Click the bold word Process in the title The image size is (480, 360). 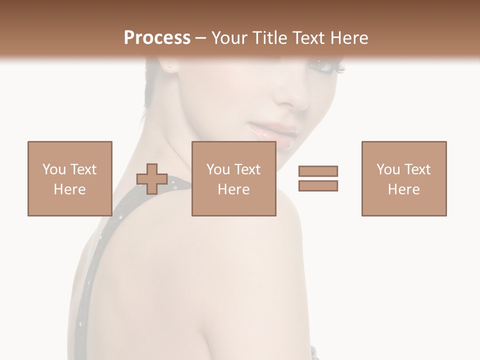[157, 38]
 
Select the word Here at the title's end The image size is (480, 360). [349, 38]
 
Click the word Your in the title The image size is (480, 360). [229, 38]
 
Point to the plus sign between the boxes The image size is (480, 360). [152, 179]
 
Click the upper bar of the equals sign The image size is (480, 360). [318, 171]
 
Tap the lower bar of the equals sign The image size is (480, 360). [318, 185]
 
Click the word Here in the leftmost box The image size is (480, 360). [69, 189]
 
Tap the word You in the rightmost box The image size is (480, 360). [388, 169]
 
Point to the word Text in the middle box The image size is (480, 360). [247, 169]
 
